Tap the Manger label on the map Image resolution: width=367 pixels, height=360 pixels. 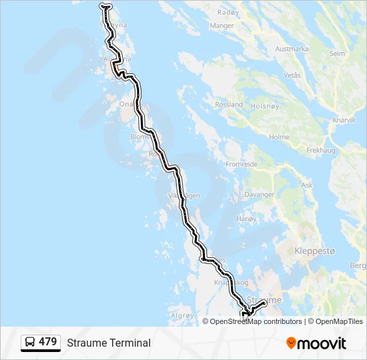(222, 26)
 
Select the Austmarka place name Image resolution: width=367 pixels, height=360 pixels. (292, 49)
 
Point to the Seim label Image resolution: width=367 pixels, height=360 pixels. (338, 53)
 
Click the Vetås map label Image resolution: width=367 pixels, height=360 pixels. (292, 75)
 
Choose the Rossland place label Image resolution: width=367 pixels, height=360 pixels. (228, 105)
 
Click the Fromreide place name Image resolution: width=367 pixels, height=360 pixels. (242, 164)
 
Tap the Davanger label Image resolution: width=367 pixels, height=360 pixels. (260, 195)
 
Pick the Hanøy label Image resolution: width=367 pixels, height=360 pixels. (246, 219)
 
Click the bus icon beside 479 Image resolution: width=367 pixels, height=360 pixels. (30, 343)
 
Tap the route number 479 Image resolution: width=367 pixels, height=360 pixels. (47, 342)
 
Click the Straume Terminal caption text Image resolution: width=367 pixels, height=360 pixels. (109, 343)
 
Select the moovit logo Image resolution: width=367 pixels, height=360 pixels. (316, 343)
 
